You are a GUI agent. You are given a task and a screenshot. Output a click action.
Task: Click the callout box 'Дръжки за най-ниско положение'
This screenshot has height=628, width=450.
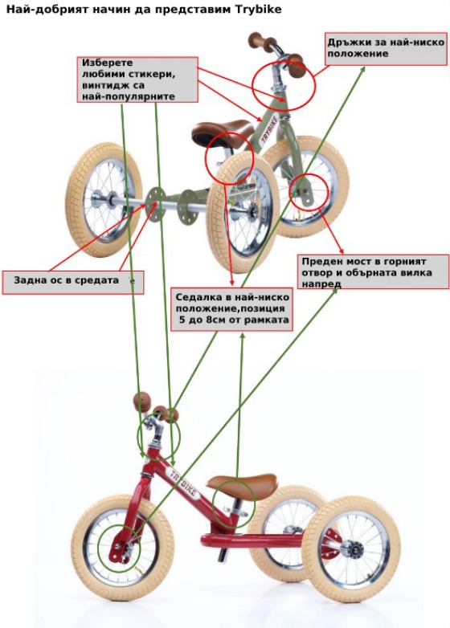[x=386, y=49]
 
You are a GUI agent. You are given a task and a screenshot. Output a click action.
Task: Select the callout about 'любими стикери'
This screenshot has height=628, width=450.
[x=137, y=80]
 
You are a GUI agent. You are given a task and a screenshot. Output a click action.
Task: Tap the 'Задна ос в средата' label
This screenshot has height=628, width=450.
[x=73, y=283]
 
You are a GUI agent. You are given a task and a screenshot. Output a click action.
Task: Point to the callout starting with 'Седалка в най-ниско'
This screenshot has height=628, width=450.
[x=232, y=308]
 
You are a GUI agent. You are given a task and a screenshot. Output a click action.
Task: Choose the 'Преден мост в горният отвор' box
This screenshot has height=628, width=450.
[x=374, y=271]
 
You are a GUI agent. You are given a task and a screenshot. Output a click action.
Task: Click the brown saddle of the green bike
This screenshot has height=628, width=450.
[x=222, y=132]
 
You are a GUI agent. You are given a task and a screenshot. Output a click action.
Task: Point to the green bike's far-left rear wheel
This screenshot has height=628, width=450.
[x=104, y=194]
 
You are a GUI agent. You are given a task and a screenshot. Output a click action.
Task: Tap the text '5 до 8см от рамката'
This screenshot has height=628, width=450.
[x=234, y=320]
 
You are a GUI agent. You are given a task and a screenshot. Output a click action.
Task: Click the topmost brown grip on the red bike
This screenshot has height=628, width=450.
[x=142, y=402]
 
